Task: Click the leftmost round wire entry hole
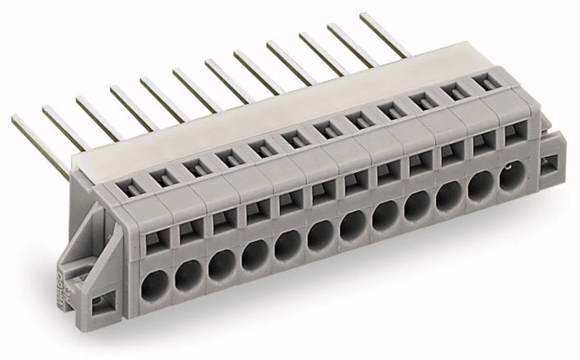pos(155,283)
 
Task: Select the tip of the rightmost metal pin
pos(363,16)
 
